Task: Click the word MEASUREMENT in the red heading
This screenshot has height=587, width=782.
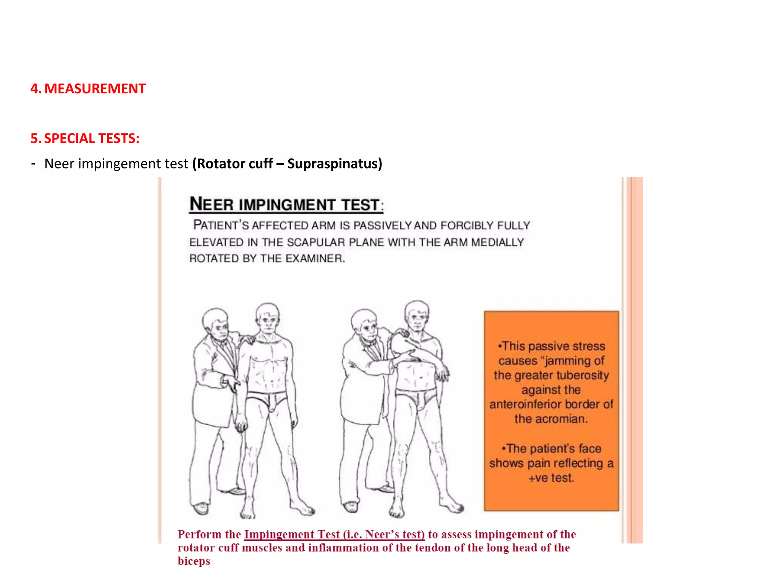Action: tap(95, 89)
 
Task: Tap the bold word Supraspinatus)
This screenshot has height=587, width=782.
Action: tap(334, 164)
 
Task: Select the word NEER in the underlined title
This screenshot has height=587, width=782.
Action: tap(211, 204)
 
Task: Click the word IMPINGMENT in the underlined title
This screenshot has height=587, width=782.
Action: tap(287, 205)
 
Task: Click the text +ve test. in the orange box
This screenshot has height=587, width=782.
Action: tap(551, 478)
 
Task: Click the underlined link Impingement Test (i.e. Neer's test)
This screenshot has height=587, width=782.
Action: tap(334, 534)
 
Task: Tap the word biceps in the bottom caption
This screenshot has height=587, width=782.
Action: tap(194, 561)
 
